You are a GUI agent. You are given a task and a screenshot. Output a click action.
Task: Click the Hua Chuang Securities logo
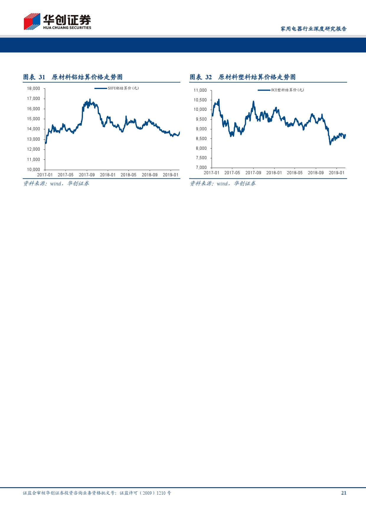[58, 21]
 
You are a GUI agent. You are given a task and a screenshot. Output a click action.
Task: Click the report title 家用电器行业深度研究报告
[313, 29]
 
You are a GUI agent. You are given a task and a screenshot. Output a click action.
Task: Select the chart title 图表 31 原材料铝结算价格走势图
[73, 77]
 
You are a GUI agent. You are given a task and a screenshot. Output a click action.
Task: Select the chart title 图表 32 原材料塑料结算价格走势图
[242, 77]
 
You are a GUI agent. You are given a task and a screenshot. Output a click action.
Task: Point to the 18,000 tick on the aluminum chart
[33, 88]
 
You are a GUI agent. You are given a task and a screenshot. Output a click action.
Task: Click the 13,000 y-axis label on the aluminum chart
[33, 139]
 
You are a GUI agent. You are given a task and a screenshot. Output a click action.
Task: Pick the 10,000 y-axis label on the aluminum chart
[33, 169]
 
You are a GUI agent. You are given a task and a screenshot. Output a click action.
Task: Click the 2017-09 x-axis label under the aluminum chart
[87, 175]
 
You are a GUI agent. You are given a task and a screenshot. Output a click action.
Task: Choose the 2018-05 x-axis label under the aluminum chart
[128, 175]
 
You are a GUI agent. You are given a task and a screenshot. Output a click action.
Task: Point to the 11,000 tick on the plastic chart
[200, 90]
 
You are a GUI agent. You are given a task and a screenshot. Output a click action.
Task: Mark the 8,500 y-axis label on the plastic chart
[201, 139]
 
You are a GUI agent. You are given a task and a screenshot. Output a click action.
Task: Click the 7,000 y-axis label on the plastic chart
[201, 167]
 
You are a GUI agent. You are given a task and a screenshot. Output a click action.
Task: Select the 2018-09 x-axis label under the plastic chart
[316, 173]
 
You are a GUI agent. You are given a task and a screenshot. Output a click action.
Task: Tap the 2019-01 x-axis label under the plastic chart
[336, 173]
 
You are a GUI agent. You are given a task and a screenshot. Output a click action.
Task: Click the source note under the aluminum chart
[56, 184]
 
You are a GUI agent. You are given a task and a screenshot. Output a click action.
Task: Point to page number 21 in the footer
[344, 493]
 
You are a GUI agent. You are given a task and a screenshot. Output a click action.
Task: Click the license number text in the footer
[97, 493]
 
